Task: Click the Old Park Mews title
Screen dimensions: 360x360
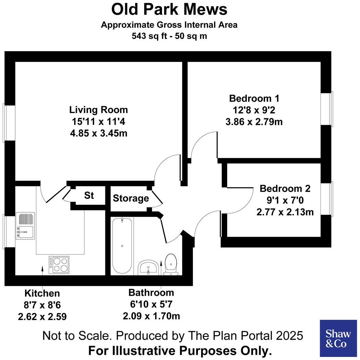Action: coord(169,9)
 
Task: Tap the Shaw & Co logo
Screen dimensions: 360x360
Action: coord(338,338)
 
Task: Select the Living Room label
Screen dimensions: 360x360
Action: coord(98,110)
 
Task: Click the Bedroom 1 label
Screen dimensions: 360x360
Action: coord(254,99)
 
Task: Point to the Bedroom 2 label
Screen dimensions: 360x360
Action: coord(285,189)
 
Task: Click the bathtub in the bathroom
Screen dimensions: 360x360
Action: coord(122,246)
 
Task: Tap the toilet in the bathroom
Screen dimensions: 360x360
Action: coord(171,265)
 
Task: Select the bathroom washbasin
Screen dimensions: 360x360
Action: coord(148,268)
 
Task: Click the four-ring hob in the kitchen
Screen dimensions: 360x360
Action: coord(59,265)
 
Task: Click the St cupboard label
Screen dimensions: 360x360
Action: coord(89,196)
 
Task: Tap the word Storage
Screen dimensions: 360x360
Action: coord(131,198)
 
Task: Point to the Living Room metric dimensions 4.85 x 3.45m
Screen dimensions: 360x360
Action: coord(98,133)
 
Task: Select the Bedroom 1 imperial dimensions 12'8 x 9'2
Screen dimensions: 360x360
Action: coord(254,110)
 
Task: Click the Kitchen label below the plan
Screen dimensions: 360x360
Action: coord(42,293)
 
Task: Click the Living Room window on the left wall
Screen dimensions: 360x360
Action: coord(9,123)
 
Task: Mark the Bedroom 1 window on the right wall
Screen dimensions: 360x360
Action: coord(327,109)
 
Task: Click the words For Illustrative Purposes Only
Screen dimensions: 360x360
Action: coord(180,351)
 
